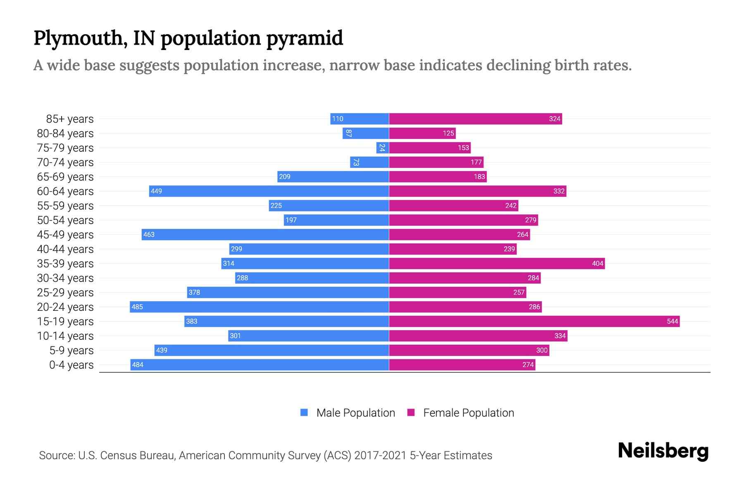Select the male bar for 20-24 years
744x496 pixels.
259,307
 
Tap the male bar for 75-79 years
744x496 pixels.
382,148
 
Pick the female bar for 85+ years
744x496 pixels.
475,119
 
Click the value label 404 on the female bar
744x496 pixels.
597,263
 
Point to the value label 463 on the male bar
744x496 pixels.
149,234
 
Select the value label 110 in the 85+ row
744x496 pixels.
337,119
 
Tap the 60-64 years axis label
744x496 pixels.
65,191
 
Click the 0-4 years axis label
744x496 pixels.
71,365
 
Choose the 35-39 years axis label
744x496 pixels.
65,264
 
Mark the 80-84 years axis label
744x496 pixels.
65,134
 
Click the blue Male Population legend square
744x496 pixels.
304,413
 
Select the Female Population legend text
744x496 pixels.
468,413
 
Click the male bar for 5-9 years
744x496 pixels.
272,350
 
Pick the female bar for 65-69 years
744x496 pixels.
438,176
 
